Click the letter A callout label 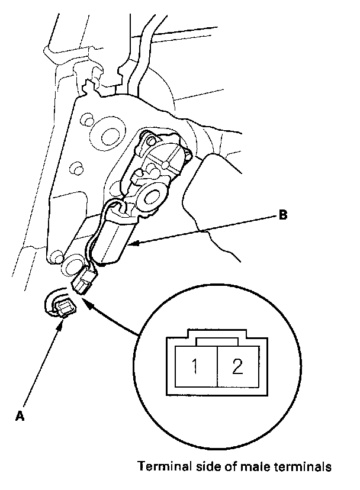click(20, 416)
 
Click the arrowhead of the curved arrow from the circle click(85, 301)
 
